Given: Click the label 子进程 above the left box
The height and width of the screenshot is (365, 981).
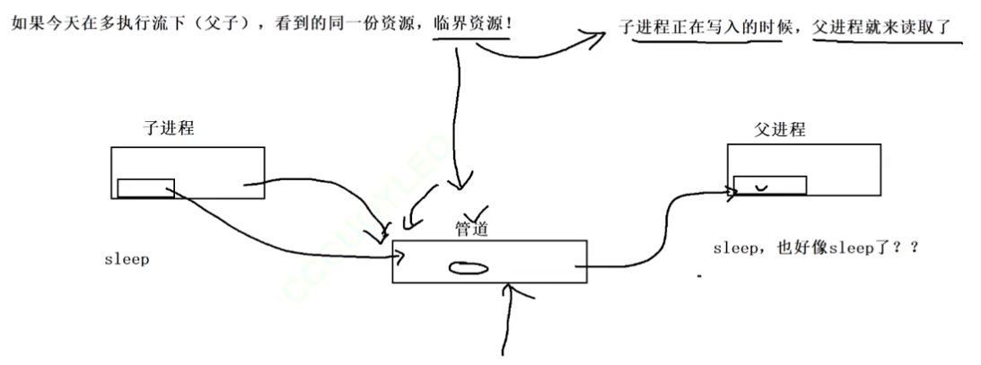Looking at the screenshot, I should pyautogui.click(x=169, y=127).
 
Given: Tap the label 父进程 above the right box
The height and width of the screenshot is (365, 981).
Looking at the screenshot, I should pyautogui.click(x=780, y=130).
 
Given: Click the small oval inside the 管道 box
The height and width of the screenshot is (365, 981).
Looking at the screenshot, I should pyautogui.click(x=469, y=266).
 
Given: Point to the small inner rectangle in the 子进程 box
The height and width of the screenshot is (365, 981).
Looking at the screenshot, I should pyautogui.click(x=145, y=187).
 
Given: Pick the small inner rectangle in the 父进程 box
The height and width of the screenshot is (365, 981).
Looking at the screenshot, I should pyautogui.click(x=769, y=185).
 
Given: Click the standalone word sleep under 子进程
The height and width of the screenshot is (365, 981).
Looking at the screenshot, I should pyautogui.click(x=127, y=259).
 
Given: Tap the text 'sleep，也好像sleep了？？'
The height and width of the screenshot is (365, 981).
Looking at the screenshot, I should pyautogui.click(x=816, y=248).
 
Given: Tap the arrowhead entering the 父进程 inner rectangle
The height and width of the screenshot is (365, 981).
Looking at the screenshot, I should pyautogui.click(x=731, y=189).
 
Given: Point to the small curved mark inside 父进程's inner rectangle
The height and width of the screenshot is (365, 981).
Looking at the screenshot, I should pyautogui.click(x=763, y=187).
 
